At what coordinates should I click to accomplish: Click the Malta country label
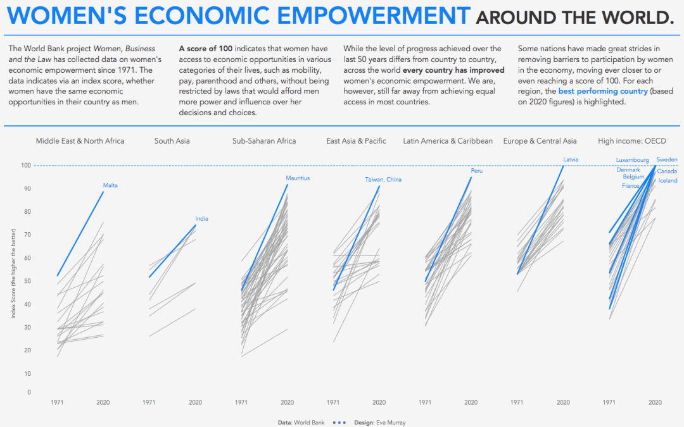110,185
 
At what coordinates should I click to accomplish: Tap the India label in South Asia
201,219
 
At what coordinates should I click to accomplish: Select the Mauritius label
298,178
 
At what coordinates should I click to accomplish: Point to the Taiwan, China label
383,180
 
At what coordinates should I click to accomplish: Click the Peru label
477,171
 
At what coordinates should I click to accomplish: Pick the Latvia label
571,159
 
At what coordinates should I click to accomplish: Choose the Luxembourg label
632,161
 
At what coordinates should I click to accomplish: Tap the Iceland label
668,181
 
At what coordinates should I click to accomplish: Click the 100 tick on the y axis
26,166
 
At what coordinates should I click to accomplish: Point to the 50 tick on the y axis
27,281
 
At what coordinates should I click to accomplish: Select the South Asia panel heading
172,141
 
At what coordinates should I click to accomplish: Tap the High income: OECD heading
632,141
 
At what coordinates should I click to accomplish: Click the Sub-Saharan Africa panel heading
264,141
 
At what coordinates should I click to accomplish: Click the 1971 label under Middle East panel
57,402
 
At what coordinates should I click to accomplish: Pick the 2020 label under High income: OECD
655,402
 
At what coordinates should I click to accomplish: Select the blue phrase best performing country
594,92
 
